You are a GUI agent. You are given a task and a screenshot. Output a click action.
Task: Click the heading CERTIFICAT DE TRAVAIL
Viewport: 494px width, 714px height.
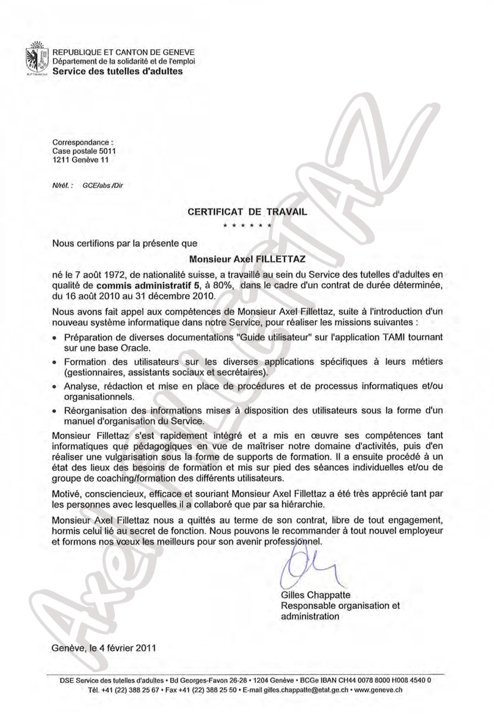tap(247, 211)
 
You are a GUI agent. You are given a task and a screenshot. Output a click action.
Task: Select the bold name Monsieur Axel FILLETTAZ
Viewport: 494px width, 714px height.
tap(246, 259)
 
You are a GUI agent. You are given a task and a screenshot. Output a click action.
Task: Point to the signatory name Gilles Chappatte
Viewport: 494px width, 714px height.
tap(316, 595)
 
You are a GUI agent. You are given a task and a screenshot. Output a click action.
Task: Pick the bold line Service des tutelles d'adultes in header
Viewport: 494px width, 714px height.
tap(118, 71)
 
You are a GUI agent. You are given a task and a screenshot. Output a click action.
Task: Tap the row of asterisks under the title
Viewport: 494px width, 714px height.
tap(247, 227)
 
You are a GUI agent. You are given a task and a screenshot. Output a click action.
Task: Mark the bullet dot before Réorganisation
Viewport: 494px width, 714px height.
tap(55, 410)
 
